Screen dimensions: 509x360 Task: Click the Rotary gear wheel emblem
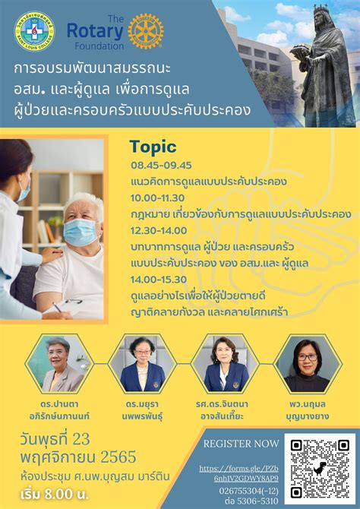pos(145,31)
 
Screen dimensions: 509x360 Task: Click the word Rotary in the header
pos(94,30)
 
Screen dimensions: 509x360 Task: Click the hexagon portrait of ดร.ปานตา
pos(59,363)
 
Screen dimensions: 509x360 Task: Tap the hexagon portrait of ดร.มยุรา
pos(142,363)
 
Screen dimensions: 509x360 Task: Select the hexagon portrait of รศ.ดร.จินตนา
pos(225,363)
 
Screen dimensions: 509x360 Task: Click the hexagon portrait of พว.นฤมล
pos(308,363)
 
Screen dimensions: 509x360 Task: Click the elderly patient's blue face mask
pos(81,232)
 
